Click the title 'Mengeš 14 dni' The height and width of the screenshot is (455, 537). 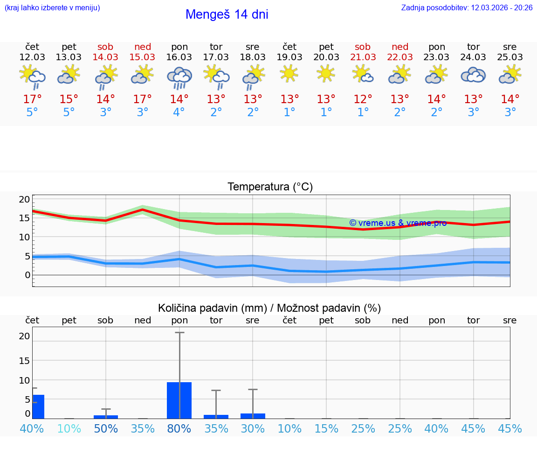point(227,14)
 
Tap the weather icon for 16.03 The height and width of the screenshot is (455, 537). point(179,78)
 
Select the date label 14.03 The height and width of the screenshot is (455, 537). point(106,57)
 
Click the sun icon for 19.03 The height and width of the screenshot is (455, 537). point(289,73)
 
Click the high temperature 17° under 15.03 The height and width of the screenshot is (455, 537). point(143,99)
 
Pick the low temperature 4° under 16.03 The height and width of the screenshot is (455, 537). point(179,112)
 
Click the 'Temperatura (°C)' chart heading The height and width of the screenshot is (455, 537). point(270,187)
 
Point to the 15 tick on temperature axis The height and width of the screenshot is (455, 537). point(24,218)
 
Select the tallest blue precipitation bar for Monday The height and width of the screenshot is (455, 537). point(179,400)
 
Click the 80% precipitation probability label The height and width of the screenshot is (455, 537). point(179,429)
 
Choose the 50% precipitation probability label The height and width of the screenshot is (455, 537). point(106,429)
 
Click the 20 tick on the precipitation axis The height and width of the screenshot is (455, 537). point(24,336)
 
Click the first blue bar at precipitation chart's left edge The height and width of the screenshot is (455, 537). point(38,406)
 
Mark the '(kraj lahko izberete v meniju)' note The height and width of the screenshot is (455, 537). point(52,8)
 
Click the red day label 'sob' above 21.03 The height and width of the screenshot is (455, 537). point(363,47)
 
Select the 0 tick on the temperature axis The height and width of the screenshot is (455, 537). point(27,275)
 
